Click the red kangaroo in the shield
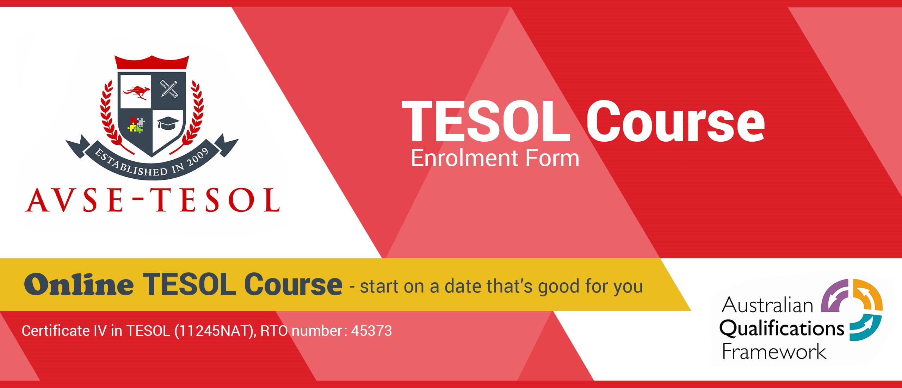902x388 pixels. click(136, 92)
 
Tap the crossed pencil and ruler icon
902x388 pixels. click(169, 89)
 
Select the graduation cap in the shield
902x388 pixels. click(168, 123)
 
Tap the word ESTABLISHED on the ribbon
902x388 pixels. click(131, 164)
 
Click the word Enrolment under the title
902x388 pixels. click(465, 159)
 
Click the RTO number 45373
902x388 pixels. click(371, 331)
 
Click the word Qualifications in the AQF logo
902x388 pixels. click(781, 329)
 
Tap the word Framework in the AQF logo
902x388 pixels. click(774, 352)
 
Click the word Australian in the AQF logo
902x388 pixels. click(767, 305)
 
